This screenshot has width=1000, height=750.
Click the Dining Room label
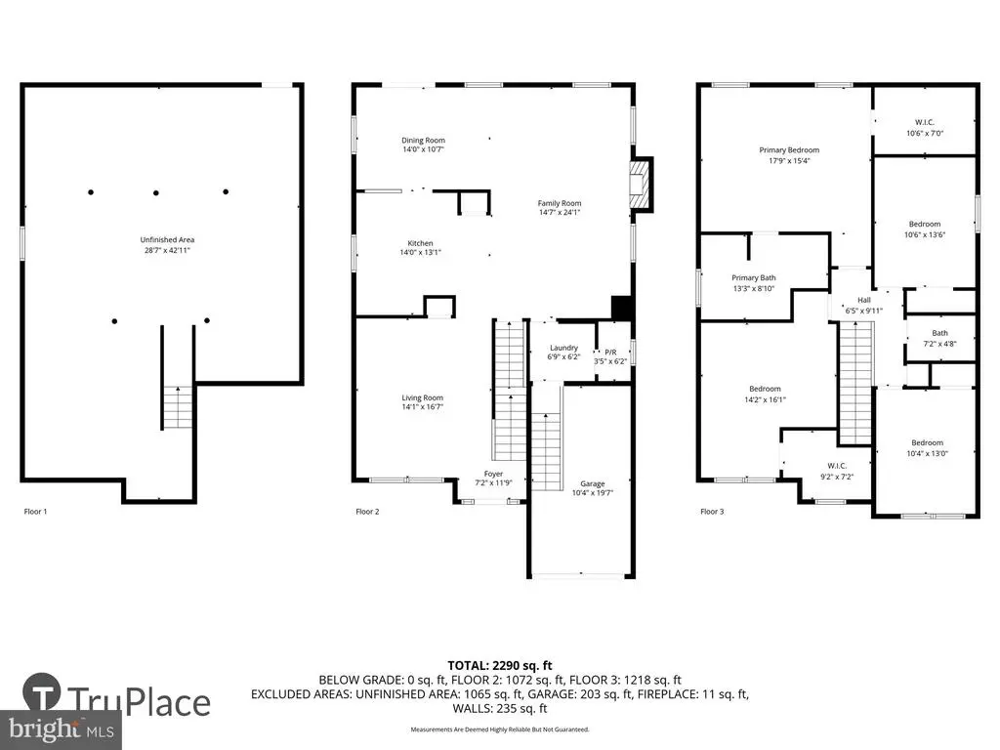[424, 141]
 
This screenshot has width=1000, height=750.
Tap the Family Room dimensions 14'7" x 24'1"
[560, 212]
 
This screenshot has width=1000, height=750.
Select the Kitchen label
[420, 243]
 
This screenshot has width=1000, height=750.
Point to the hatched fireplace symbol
[639, 185]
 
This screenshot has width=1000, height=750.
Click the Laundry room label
[563, 348]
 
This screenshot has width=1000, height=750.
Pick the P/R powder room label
[610, 352]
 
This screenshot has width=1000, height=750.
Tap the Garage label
[593, 483]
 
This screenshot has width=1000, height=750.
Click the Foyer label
[493, 474]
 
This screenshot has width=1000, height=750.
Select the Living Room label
[422, 397]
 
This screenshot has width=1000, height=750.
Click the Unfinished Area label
[167, 240]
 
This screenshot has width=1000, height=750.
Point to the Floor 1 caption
[36, 512]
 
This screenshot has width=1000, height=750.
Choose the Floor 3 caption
[712, 512]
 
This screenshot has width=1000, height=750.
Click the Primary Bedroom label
[789, 149]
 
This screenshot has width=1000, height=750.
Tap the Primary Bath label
[754, 277]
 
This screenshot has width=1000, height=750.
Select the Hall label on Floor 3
[864, 300]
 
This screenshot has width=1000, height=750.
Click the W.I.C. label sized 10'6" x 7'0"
[925, 122]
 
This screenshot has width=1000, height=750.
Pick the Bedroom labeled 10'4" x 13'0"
[928, 442]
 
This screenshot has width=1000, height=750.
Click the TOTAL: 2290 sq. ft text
[500, 666]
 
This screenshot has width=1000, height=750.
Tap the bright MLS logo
[62, 729]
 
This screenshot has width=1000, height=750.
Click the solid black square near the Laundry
[622, 308]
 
